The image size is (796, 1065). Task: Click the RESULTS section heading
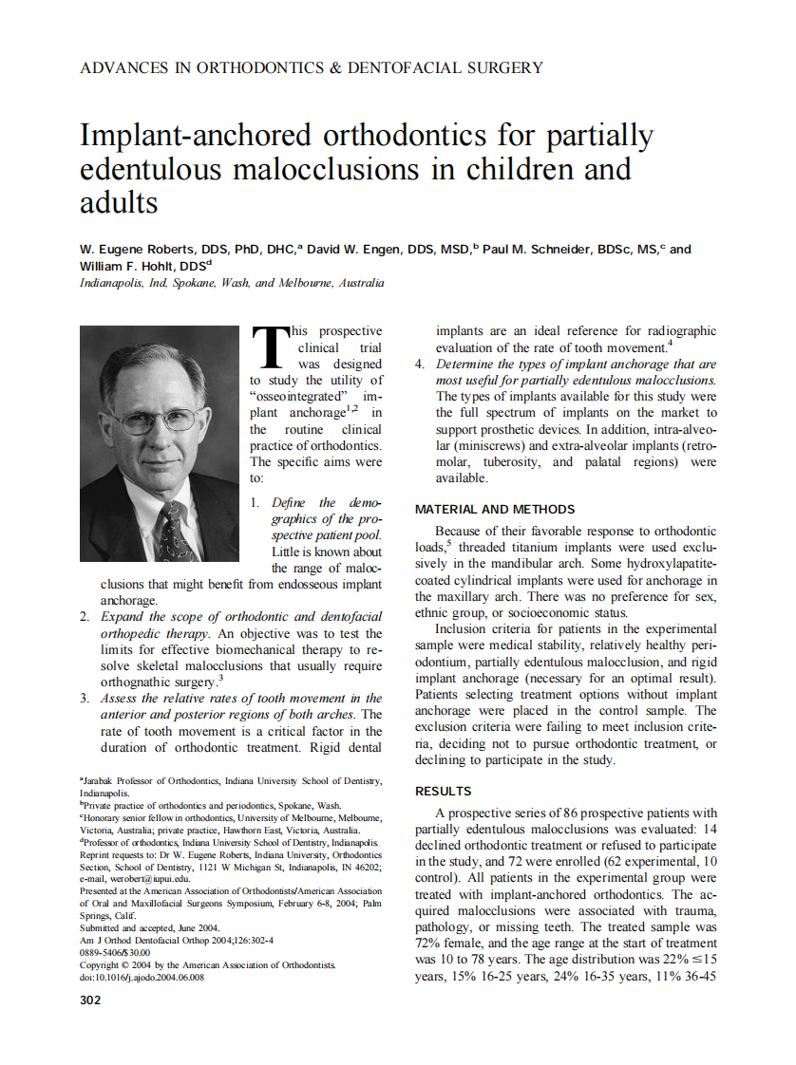(x=443, y=791)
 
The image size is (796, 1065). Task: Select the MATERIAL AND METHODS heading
(x=494, y=510)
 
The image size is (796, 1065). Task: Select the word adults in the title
(x=119, y=202)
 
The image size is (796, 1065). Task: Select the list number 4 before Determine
(x=420, y=364)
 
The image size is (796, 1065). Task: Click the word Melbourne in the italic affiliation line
(x=306, y=284)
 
